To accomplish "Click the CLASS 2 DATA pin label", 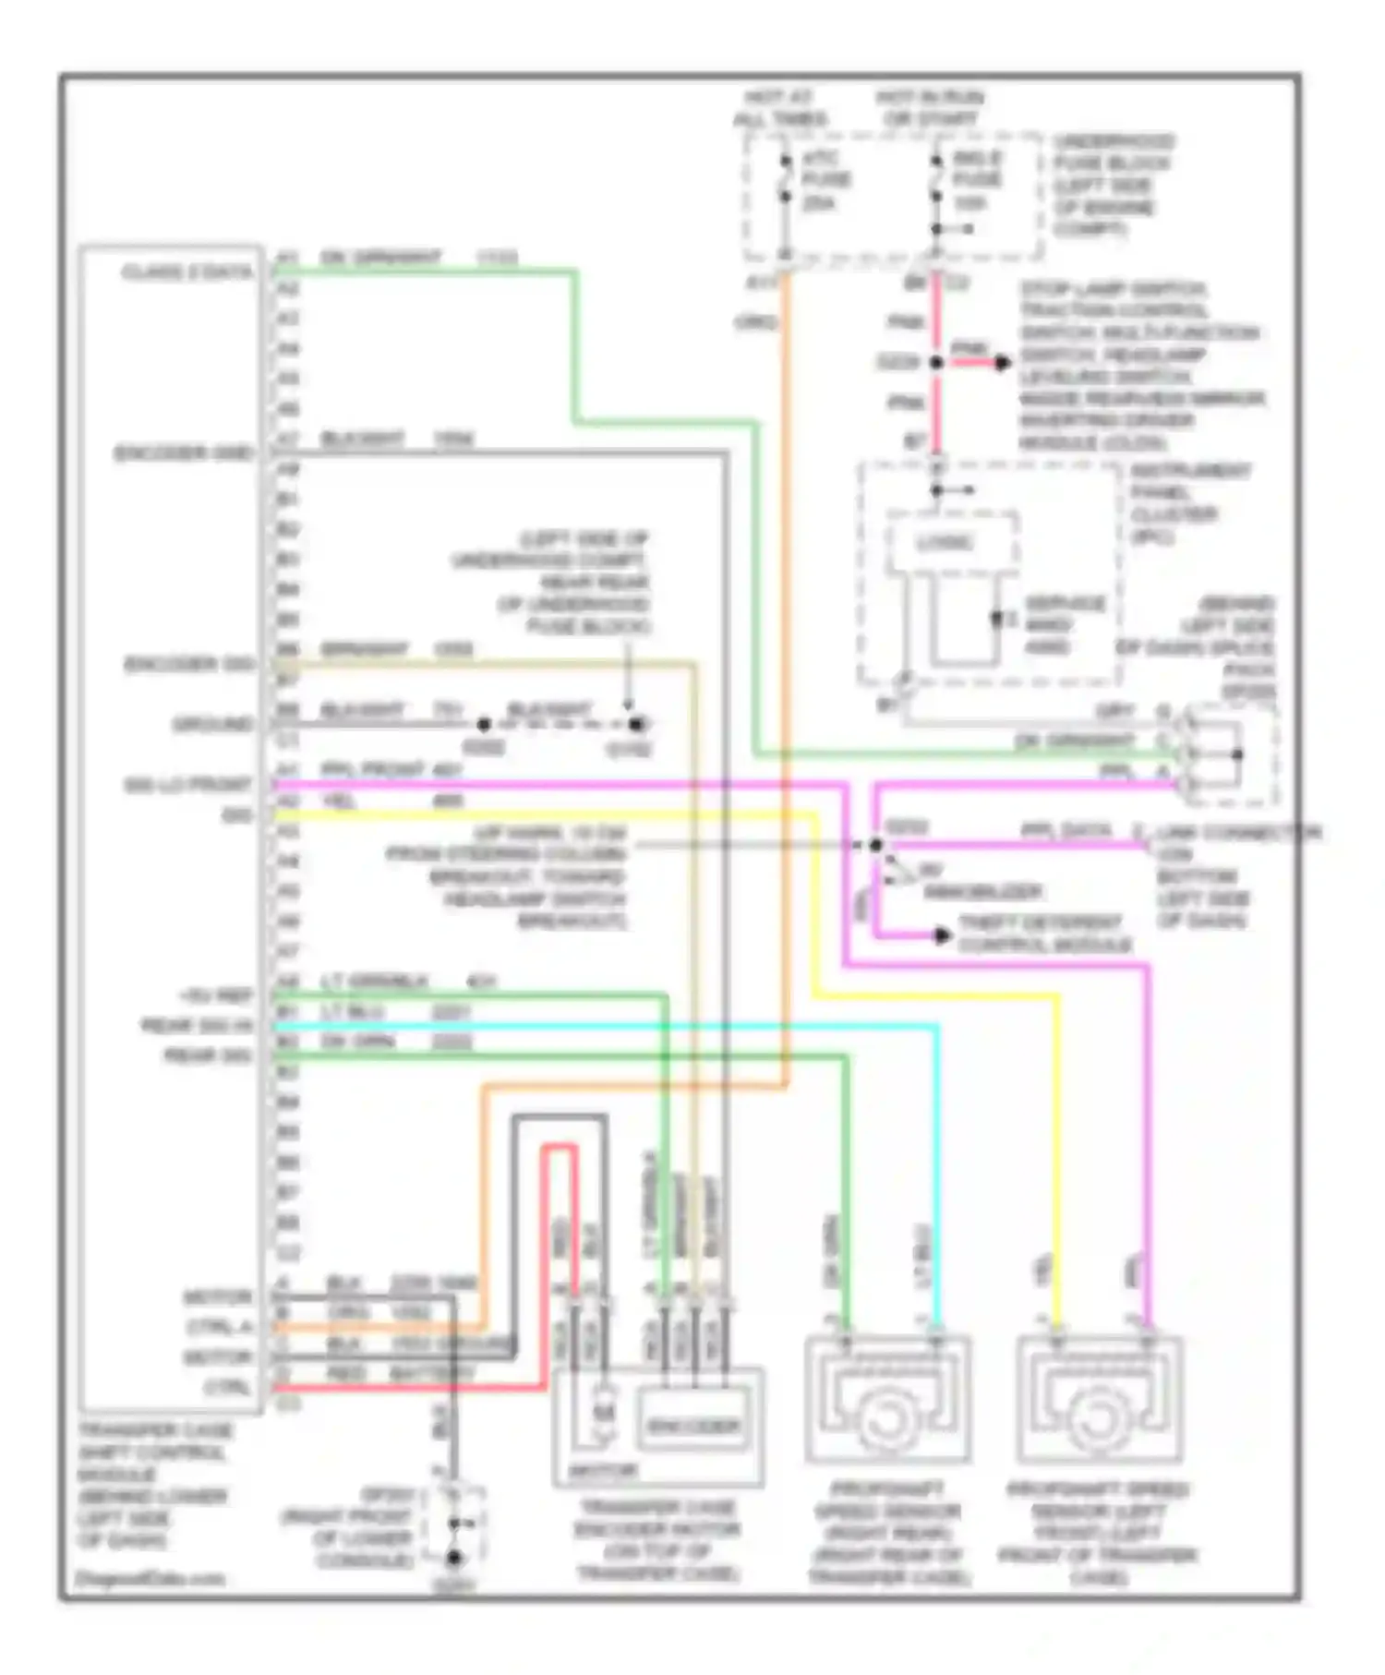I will (187, 272).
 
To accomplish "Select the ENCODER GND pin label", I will (184, 453).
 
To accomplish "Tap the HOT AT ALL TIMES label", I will (780, 108).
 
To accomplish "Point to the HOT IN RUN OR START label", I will (929, 108).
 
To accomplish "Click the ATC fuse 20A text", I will (825, 180).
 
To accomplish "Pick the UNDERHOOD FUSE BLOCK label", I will (1112, 185).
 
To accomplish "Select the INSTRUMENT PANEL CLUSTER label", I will (1189, 503).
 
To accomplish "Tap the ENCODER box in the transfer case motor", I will (692, 1427).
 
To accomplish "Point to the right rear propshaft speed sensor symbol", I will (886, 1401).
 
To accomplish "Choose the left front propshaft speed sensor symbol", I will (1099, 1401).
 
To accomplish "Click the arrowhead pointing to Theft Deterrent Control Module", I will (943, 935).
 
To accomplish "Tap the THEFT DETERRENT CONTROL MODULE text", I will (1043, 934).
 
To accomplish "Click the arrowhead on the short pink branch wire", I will (1003, 363).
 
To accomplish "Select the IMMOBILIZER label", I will (982, 892).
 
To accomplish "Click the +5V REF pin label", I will (216, 996).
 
